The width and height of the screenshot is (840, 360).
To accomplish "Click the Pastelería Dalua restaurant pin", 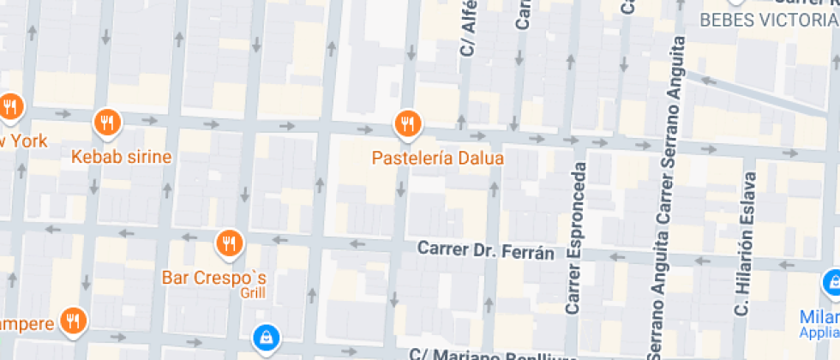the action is click(x=408, y=124).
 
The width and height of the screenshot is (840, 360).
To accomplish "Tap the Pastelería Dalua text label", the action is click(x=437, y=159).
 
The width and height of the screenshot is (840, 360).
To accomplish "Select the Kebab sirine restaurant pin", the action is click(x=107, y=123).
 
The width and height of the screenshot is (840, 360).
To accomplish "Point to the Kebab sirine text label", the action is click(x=122, y=157).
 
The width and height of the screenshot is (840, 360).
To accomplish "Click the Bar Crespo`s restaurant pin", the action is click(x=228, y=244).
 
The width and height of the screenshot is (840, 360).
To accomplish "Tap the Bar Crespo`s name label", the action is click(x=215, y=278).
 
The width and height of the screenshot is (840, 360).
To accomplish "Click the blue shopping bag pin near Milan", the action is click(x=831, y=281).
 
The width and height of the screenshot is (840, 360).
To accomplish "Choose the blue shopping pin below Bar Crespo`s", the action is click(x=266, y=337).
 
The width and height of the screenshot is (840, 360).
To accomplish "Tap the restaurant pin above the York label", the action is click(x=10, y=107).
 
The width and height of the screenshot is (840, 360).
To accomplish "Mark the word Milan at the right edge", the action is click(x=821, y=315).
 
